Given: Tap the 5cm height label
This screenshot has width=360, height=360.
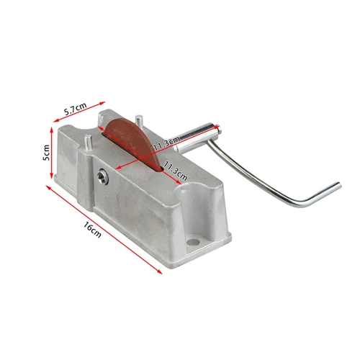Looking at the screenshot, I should click(45, 152).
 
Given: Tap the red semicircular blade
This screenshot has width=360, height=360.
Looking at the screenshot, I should click(132, 140).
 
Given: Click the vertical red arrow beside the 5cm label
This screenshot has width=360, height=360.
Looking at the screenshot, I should click(52, 153).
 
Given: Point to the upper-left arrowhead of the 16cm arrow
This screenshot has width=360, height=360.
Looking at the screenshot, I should click(48, 186).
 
